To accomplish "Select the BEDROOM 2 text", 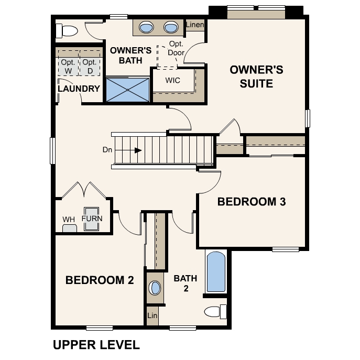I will click(100, 280).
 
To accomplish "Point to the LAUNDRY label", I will click(79, 89).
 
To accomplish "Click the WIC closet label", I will click(172, 81).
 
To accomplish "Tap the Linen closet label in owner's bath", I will click(195, 25).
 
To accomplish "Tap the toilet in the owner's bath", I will click(67, 30).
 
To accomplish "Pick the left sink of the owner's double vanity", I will click(147, 27).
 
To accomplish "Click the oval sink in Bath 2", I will click(155, 288).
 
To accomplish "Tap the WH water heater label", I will click(69, 219).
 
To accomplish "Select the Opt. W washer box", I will click(67, 66).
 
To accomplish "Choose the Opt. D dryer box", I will click(89, 66).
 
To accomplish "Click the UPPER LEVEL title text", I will click(96, 345).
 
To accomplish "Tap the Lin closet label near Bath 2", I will click(152, 316).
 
